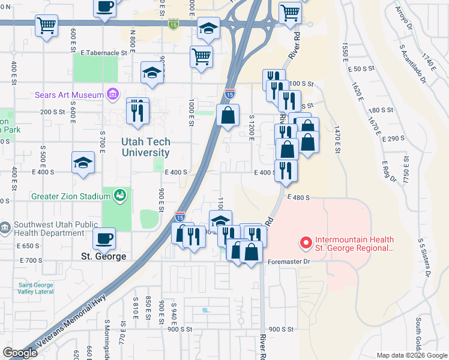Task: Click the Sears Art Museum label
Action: pos(68,94)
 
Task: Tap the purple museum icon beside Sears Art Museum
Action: pos(112,94)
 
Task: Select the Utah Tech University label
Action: pos(146,148)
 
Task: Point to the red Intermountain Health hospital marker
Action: pos(306,243)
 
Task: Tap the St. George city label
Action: pos(103,256)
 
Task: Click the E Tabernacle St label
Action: pos(108,53)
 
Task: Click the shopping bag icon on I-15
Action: pos(228,115)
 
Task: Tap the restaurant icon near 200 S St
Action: pos(137,110)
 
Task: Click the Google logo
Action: pos(20,353)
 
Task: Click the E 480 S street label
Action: pos(298,197)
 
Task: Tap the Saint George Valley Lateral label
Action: pos(35,289)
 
